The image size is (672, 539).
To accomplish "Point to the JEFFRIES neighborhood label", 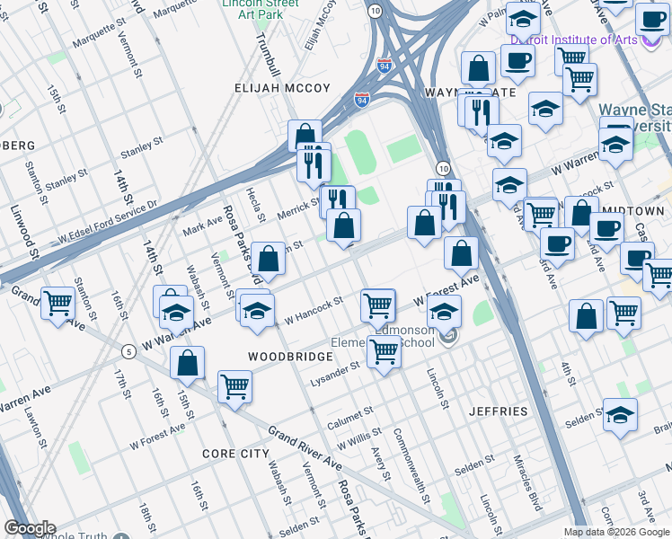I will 499,411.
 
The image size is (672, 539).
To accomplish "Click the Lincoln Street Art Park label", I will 260,9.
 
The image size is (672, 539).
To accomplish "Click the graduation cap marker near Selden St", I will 620,414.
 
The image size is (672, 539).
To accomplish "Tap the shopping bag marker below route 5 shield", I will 188,363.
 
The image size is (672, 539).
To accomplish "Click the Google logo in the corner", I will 30,528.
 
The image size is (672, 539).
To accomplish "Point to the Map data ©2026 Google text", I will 616,532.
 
